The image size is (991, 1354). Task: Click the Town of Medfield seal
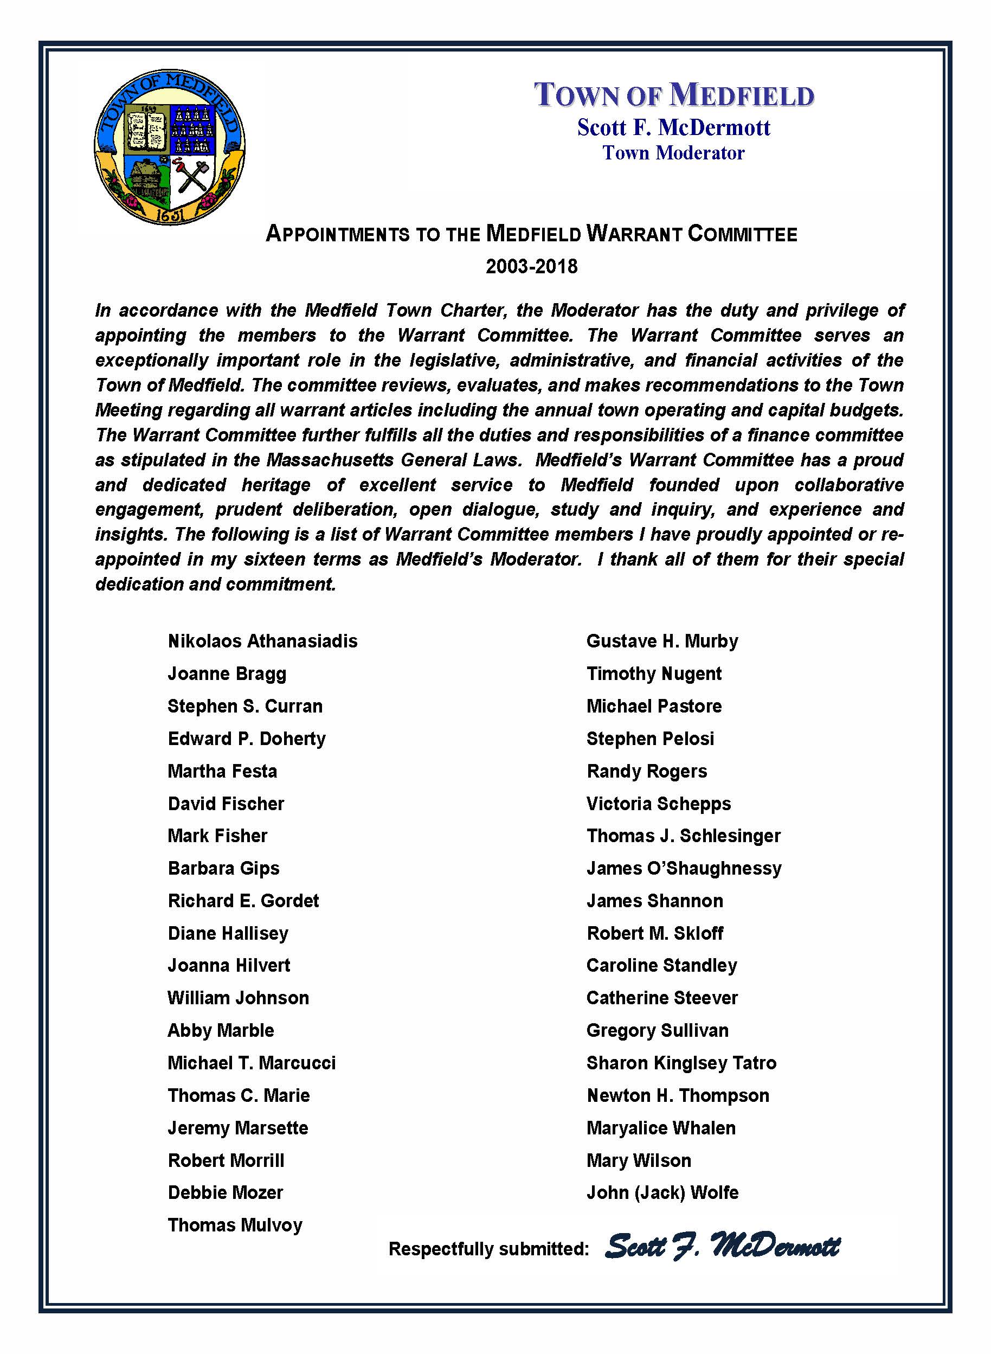click(170, 147)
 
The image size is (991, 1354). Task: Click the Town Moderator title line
click(673, 153)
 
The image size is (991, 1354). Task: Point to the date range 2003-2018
click(531, 266)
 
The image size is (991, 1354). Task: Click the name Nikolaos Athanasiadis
click(262, 641)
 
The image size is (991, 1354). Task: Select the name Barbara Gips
click(223, 869)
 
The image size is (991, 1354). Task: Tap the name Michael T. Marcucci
click(252, 1063)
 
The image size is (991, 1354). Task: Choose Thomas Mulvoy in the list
click(235, 1225)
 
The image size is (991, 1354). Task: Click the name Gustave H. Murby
click(662, 641)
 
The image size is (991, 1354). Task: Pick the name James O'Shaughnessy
click(684, 869)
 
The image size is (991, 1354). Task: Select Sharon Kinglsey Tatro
click(681, 1063)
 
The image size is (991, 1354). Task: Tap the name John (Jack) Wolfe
click(662, 1192)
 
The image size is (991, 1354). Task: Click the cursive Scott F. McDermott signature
click(722, 1246)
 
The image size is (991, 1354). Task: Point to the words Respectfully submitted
click(488, 1249)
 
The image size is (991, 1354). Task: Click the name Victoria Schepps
click(658, 804)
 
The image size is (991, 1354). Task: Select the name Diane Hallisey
click(228, 933)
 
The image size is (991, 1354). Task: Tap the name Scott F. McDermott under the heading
click(673, 127)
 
